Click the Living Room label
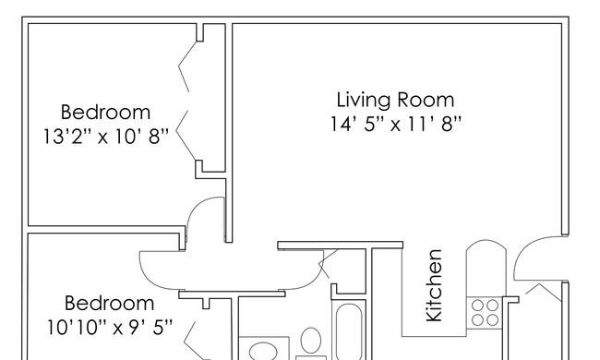click(x=395, y=100)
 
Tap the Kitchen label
click(x=435, y=285)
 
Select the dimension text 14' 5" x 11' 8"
click(x=396, y=124)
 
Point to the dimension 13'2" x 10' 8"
click(x=105, y=137)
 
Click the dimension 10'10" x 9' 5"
click(x=110, y=327)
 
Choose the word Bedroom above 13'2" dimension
click(x=105, y=113)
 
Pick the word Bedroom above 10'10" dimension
click(x=110, y=304)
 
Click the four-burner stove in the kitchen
click(x=485, y=313)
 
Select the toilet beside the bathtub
click(x=311, y=340)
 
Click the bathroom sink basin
click(x=263, y=351)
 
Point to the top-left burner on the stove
click(x=477, y=306)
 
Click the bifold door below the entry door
click(x=544, y=291)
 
